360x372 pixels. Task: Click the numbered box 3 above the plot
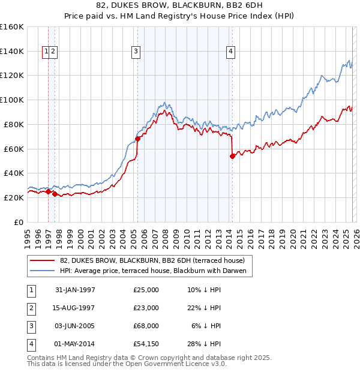click(x=137, y=52)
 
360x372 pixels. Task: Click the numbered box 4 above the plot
click(x=230, y=52)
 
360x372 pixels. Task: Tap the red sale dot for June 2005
click(x=137, y=139)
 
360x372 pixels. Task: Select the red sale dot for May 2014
click(x=232, y=156)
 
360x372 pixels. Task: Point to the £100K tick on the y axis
click(x=12, y=100)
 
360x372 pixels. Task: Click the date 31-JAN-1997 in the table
click(x=75, y=290)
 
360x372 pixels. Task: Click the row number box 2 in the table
click(x=31, y=308)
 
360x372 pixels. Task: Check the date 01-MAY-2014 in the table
click(x=75, y=344)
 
